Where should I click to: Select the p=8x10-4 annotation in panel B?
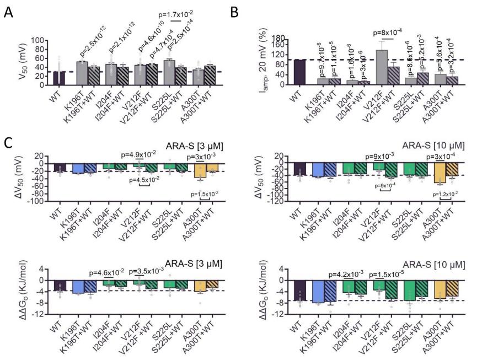point(392,33)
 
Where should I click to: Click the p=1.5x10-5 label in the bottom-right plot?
point(392,273)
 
